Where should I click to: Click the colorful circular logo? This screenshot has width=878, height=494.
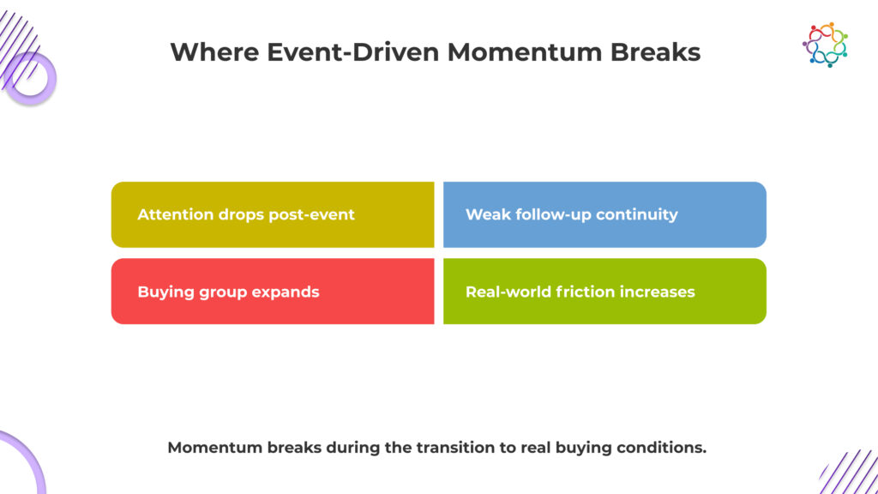click(825, 45)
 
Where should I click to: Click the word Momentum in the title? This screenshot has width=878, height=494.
click(524, 52)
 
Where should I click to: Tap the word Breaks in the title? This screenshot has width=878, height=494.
click(655, 52)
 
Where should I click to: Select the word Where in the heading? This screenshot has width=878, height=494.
click(214, 52)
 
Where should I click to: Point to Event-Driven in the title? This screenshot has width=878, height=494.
click(352, 52)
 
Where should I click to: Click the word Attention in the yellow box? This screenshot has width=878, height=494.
click(175, 214)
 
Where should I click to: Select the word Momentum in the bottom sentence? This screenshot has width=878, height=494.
click(215, 448)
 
